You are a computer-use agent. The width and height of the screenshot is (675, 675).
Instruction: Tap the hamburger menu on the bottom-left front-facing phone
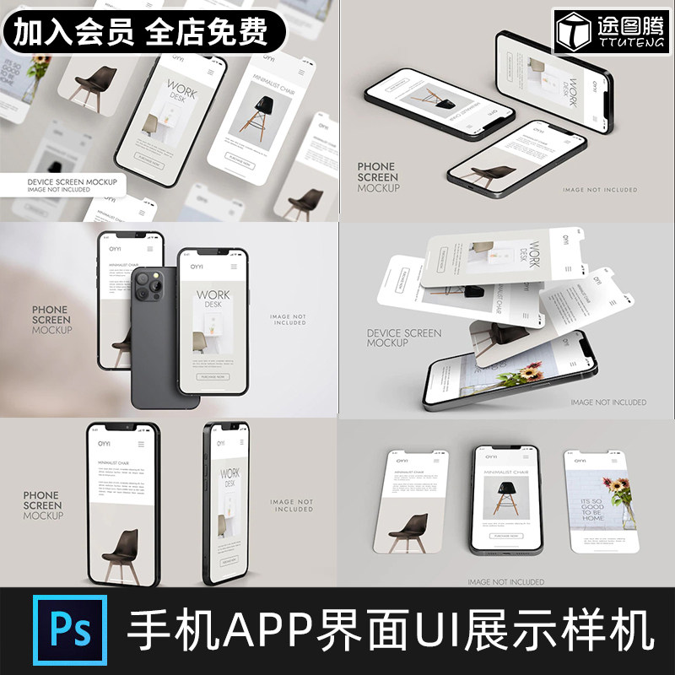141,443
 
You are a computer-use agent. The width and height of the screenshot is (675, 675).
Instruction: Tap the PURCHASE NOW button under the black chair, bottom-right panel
506,535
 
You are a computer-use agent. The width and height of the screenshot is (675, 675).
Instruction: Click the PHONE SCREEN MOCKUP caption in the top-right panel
378,177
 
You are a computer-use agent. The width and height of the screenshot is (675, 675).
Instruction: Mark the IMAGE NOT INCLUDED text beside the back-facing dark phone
289,320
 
